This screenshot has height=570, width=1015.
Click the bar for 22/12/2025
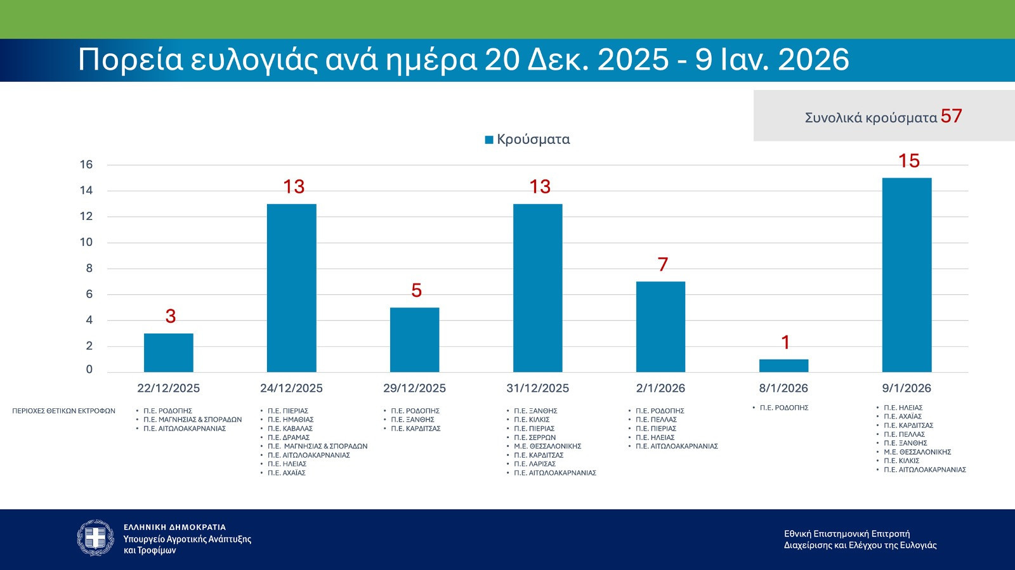(168, 353)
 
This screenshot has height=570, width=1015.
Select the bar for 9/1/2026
(907, 275)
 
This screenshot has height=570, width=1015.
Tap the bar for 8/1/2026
(783, 366)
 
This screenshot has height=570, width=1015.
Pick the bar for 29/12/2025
(414, 340)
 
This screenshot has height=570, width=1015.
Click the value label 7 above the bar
(663, 264)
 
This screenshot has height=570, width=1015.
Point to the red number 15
(908, 161)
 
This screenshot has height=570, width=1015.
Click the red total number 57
(951, 116)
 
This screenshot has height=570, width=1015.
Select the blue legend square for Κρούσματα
(489, 140)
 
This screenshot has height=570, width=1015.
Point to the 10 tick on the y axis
(86, 242)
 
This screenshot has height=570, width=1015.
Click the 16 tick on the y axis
(86, 165)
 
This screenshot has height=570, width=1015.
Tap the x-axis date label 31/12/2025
(537, 388)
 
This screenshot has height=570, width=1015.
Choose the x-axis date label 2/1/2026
(660, 388)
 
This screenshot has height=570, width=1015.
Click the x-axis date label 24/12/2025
(291, 388)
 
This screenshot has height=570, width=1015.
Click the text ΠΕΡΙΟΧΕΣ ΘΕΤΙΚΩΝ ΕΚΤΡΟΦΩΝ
(63, 411)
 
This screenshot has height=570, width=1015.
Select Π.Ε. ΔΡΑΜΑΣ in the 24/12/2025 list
(289, 437)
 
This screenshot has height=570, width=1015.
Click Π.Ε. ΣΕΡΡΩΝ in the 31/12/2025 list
(535, 437)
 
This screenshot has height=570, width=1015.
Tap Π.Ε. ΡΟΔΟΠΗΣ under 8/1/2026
(784, 408)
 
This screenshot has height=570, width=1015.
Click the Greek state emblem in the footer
(96, 538)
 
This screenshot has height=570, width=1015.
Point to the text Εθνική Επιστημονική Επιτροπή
(847, 534)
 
